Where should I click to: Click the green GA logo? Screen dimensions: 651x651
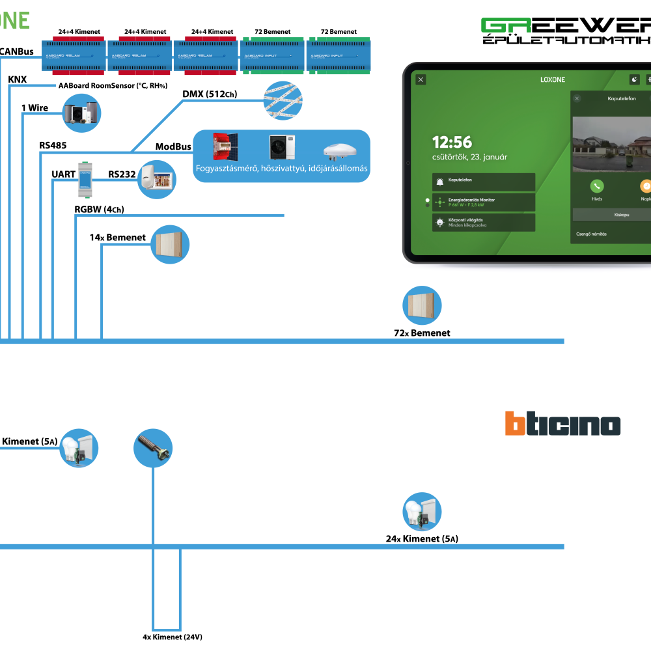click(506, 25)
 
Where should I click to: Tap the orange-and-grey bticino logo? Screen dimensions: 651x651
click(562, 424)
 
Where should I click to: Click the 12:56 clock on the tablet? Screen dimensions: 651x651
click(452, 142)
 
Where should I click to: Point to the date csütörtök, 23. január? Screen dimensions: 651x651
click(469, 157)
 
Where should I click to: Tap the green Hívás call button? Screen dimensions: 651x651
click(597, 187)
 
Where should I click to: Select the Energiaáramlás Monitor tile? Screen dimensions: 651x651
click(484, 202)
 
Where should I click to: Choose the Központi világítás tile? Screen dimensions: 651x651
click(484, 223)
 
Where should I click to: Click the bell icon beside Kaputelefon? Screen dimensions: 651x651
click(440, 182)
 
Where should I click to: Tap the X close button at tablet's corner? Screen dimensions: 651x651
click(421, 79)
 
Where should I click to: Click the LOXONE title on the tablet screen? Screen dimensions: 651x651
click(553, 80)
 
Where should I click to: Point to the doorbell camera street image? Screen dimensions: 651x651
click(611, 145)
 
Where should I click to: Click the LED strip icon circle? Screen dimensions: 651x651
click(283, 101)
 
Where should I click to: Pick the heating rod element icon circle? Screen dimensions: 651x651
click(153, 448)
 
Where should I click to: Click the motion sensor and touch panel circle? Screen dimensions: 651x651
click(157, 179)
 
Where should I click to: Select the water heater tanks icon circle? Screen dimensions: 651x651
click(81, 113)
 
